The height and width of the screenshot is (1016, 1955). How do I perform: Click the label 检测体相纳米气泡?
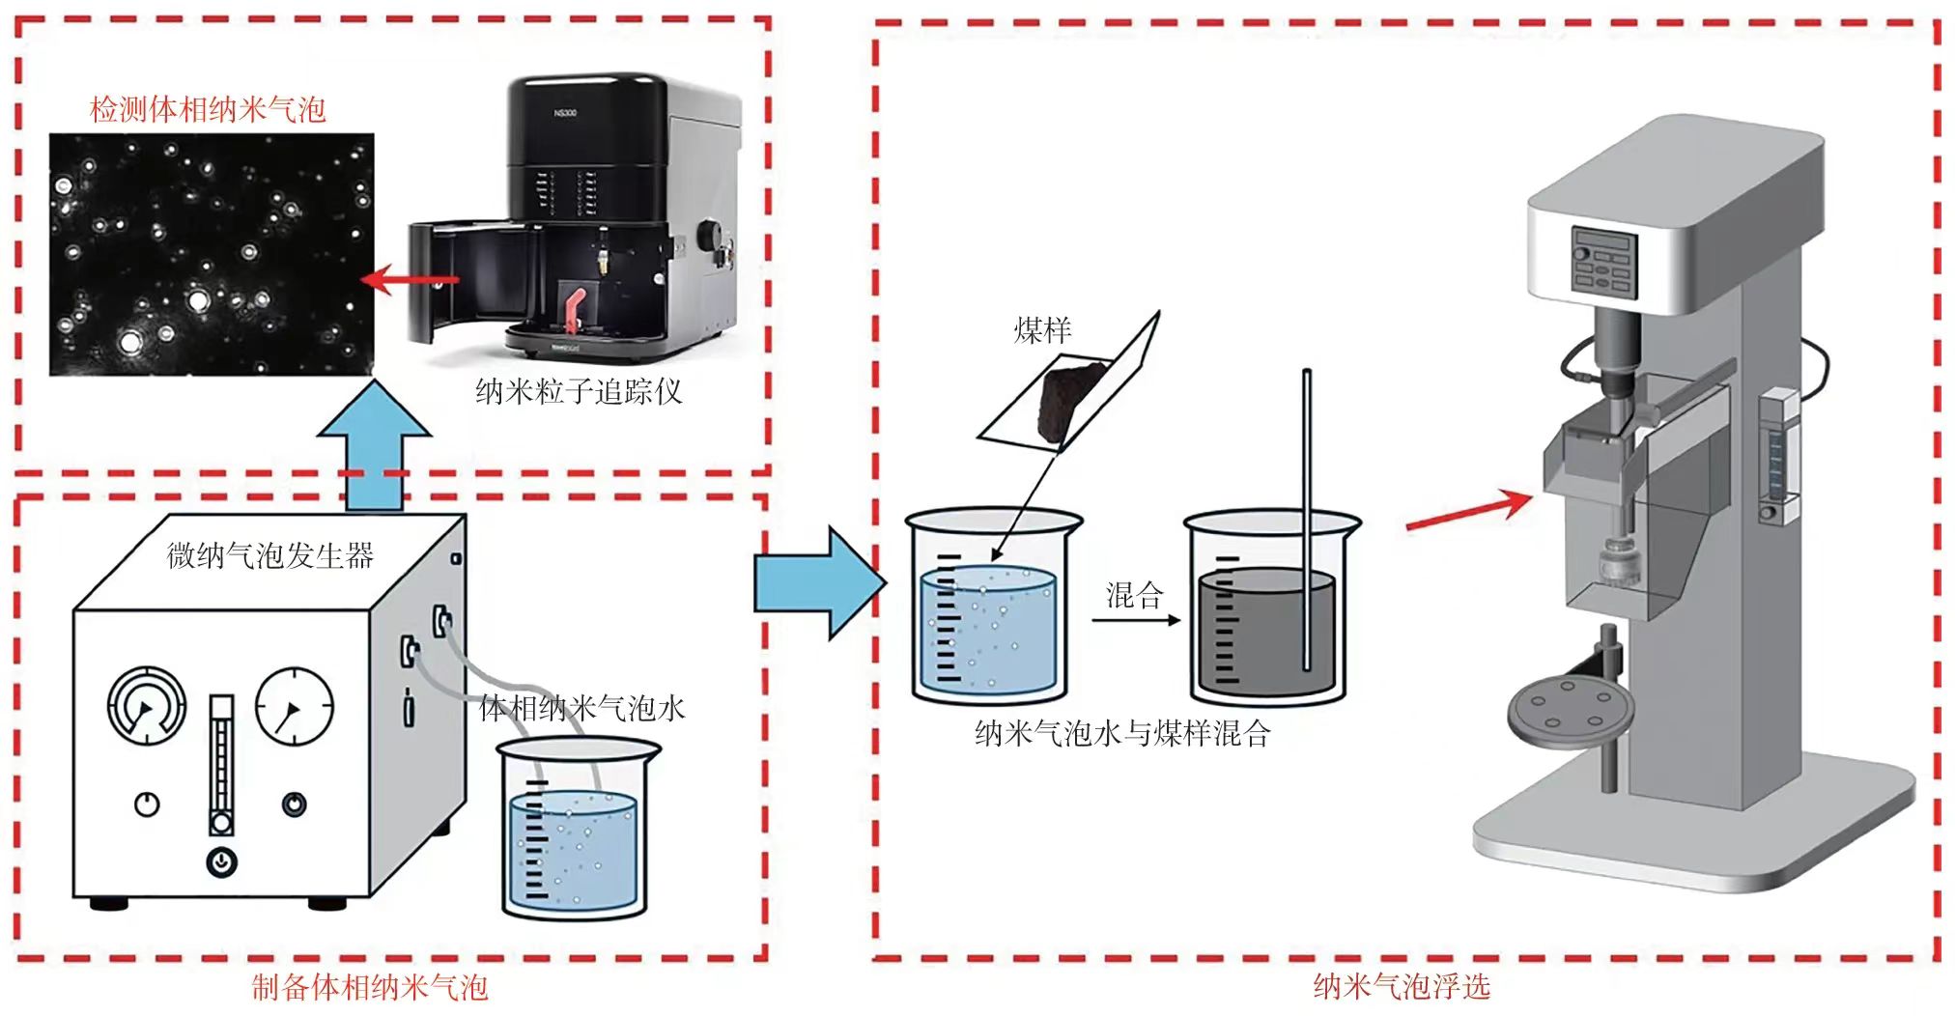[x=207, y=109]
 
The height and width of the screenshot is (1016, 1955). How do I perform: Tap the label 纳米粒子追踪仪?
[x=579, y=391]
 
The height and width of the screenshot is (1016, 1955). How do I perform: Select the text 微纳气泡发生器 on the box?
[x=269, y=555]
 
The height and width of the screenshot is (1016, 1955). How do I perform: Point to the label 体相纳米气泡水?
[x=581, y=708]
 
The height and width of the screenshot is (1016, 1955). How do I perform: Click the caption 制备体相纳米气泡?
[x=370, y=987]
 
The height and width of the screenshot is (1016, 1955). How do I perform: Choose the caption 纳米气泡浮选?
[x=1402, y=986]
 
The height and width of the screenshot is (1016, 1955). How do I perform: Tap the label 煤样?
[x=1042, y=331]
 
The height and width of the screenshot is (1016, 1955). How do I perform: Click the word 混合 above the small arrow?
[x=1134, y=595]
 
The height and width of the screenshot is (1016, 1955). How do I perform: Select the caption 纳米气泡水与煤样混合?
[x=1122, y=734]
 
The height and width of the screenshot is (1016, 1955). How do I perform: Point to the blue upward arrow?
[x=374, y=444]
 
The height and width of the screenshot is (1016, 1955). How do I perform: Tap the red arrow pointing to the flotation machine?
[x=1469, y=511]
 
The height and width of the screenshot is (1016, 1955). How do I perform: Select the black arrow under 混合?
[x=1136, y=620]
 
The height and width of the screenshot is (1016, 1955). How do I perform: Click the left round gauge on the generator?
[x=146, y=705]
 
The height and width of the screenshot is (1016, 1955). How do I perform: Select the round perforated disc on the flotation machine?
[x=1571, y=711]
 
